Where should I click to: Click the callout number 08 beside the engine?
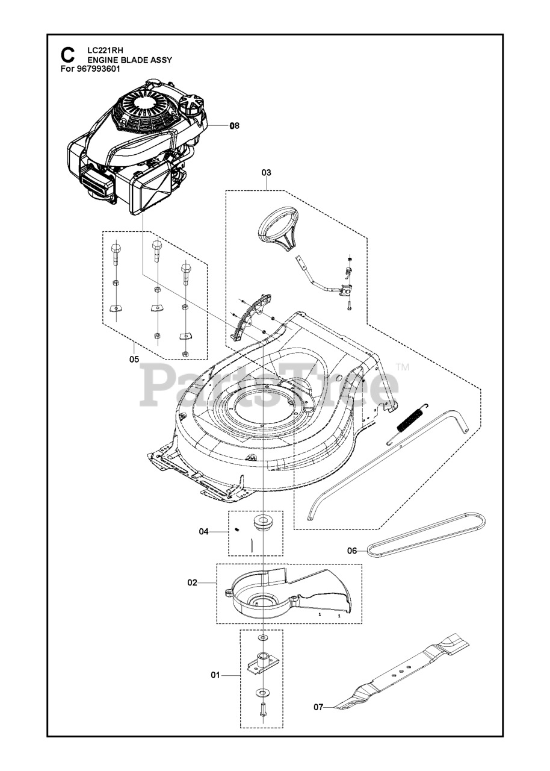[x=234, y=126]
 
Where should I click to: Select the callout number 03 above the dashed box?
[x=266, y=172]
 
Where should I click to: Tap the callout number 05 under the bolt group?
[x=134, y=359]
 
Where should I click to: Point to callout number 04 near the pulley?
[x=204, y=531]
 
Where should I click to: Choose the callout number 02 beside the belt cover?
[x=193, y=582]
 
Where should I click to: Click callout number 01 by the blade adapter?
[x=215, y=675]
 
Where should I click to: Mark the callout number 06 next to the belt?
[x=353, y=550]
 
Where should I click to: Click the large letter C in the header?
[x=68, y=55]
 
